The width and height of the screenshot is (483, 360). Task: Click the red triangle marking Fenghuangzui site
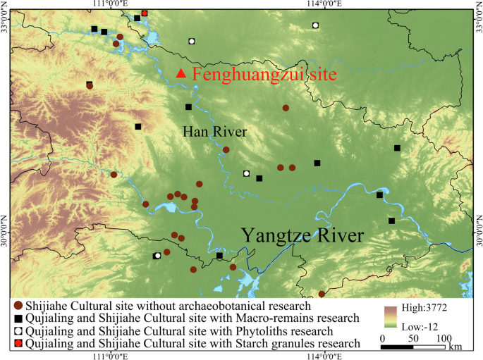[181, 73]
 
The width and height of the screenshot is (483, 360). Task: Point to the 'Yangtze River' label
[303, 236]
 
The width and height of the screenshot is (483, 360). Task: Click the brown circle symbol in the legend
[18, 306]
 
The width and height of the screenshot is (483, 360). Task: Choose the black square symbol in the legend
[18, 318]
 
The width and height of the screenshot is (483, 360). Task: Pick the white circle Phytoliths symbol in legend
[18, 331]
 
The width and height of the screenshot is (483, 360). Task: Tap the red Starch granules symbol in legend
[18, 343]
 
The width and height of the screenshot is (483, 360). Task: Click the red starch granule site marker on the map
[145, 13]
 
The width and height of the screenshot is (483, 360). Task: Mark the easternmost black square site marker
[397, 148]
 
